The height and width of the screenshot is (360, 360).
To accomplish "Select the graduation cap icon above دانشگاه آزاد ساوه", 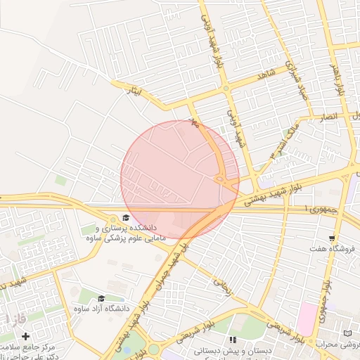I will (x=101, y=298).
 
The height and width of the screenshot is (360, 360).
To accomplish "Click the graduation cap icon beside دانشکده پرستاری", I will (x=126, y=217).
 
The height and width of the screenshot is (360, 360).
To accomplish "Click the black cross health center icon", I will (x=26, y=336).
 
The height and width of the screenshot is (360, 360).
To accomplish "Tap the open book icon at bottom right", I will (x=347, y=333).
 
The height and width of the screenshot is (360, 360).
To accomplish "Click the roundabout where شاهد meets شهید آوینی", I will (x=226, y=89).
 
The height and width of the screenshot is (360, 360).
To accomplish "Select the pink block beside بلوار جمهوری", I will (x=306, y=319).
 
